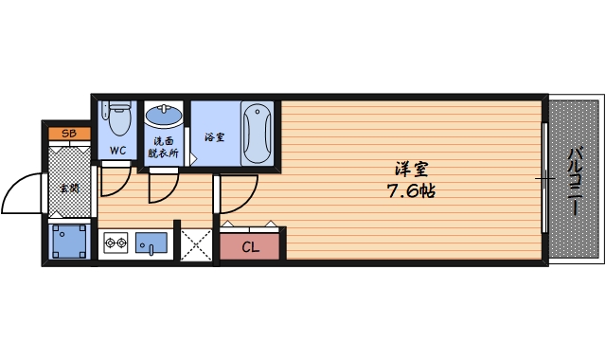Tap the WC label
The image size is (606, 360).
pyautogui.click(x=117, y=151)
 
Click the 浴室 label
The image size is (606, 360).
pyautogui.click(x=215, y=136)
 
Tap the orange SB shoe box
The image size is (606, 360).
pyautogui.click(x=69, y=134)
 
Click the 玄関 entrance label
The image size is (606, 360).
pyautogui.click(x=69, y=188)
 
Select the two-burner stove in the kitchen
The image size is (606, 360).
pyautogui.click(x=116, y=245)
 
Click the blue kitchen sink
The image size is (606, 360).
pyautogui.click(x=150, y=245)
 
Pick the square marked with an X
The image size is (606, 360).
pyautogui.click(x=195, y=245)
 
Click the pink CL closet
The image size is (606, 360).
pyautogui.click(x=250, y=247)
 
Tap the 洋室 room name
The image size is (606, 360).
pyautogui.click(x=411, y=171)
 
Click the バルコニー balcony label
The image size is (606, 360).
pyautogui.click(x=575, y=180)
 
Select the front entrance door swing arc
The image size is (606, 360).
pyautogui.click(x=23, y=195)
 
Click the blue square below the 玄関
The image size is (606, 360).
pyautogui.click(x=70, y=243)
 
